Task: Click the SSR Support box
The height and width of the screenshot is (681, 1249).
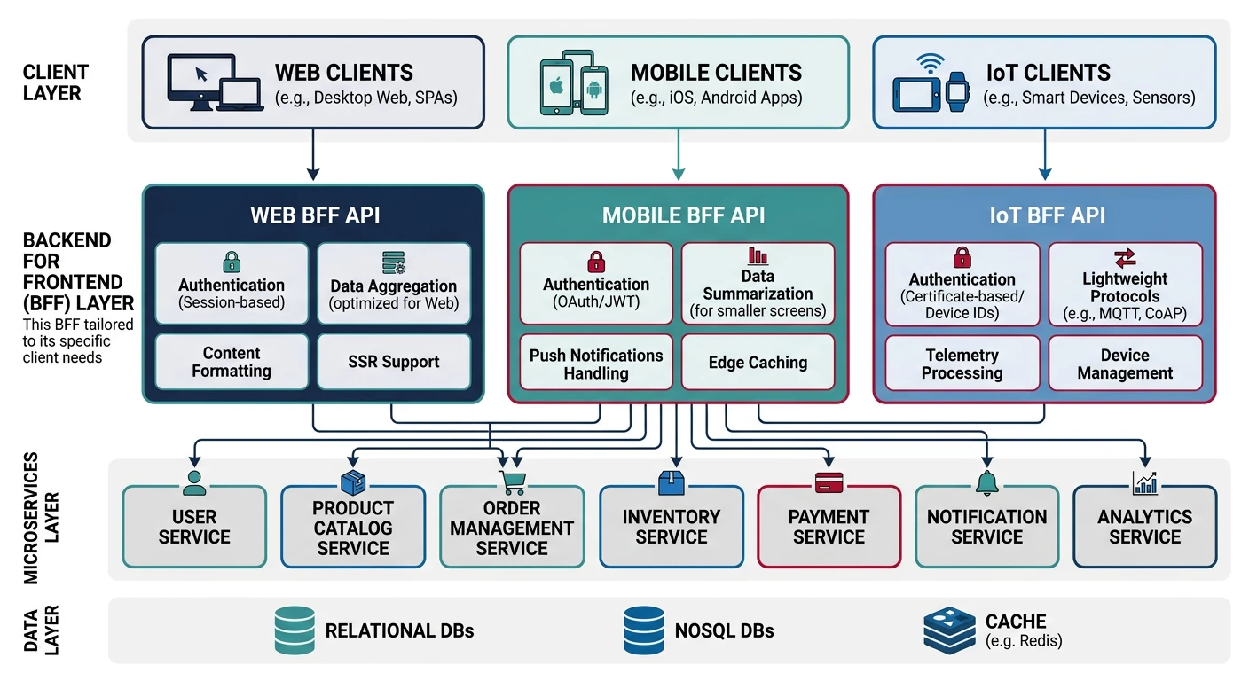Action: (x=393, y=362)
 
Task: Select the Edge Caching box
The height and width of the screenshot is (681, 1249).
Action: (x=758, y=362)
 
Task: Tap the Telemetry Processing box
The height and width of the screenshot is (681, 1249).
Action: (x=962, y=364)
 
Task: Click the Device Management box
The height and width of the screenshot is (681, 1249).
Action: (x=1125, y=364)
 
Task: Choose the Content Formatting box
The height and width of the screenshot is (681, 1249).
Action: (x=232, y=362)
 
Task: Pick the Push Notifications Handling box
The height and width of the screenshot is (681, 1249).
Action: (x=595, y=364)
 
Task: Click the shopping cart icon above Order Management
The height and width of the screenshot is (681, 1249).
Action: (x=512, y=482)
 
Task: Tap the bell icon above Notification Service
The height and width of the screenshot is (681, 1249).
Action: (x=986, y=482)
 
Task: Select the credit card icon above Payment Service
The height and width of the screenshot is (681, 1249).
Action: (x=829, y=482)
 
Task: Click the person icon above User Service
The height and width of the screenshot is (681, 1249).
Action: (x=194, y=482)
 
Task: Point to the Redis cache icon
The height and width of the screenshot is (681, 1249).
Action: (x=948, y=630)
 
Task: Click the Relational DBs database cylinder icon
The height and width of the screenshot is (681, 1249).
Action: (x=294, y=630)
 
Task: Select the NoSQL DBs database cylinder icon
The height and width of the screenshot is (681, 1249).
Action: (x=644, y=630)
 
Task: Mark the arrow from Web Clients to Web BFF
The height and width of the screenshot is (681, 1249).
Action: (x=312, y=154)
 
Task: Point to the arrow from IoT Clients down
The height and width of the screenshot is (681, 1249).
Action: (x=1044, y=154)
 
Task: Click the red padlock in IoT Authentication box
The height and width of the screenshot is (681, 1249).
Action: (x=962, y=258)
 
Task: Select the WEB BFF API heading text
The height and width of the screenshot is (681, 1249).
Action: (x=315, y=215)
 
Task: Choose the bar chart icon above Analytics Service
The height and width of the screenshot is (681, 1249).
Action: (x=1144, y=482)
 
